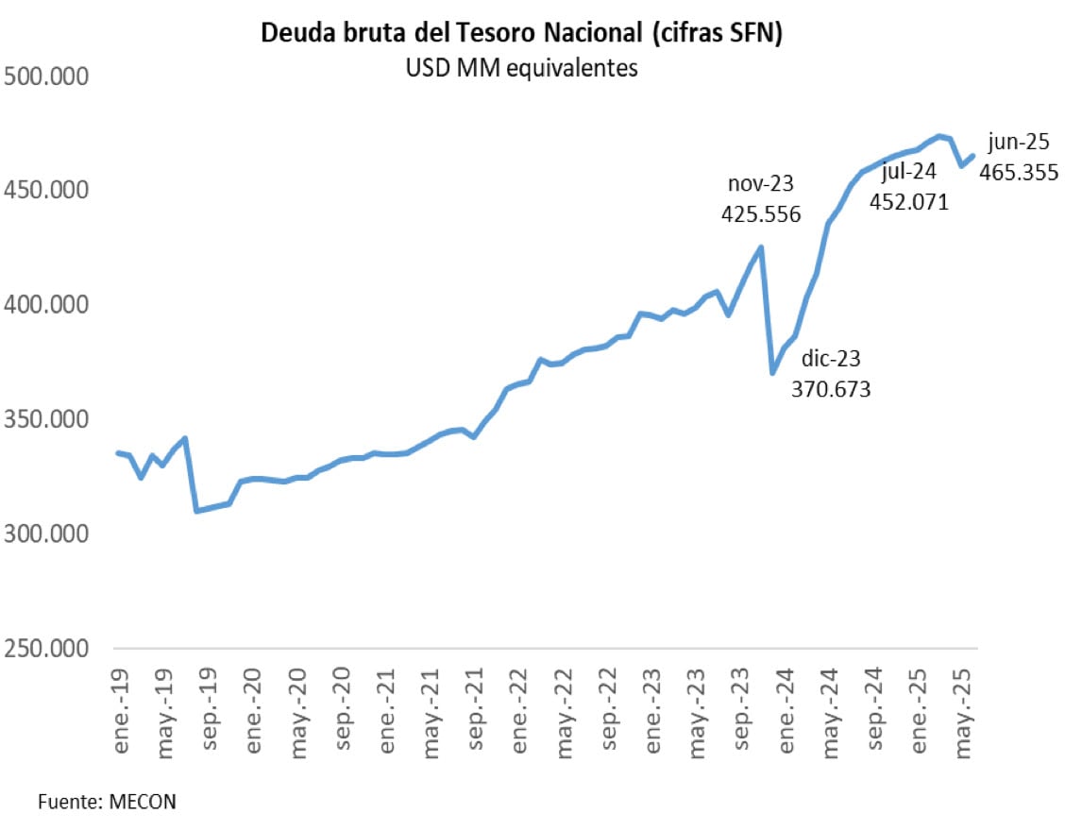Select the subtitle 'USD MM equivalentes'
[522, 68]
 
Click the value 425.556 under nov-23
[761, 214]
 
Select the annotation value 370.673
[831, 388]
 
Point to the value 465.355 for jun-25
[1019, 172]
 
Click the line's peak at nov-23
[761, 247]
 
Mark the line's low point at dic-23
[772, 373]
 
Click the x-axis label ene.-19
[121, 704]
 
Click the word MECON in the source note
[142, 802]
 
